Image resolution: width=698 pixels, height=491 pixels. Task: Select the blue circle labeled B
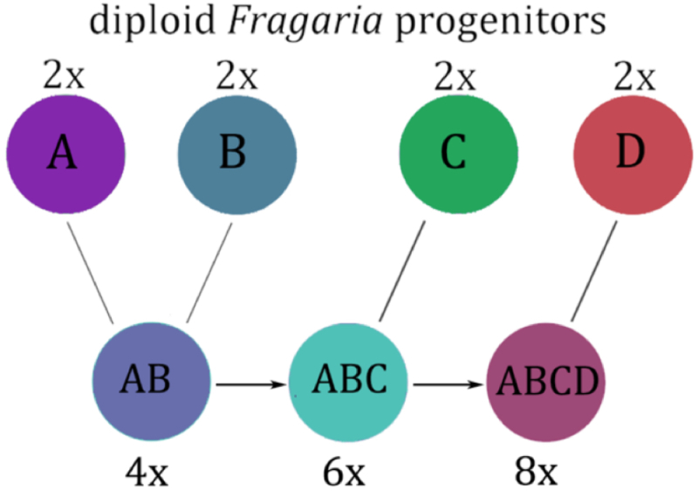coord(233,154)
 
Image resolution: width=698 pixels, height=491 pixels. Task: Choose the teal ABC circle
coord(347,382)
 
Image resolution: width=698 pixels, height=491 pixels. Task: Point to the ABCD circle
coord(546,382)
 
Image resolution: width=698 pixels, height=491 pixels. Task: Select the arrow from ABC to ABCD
coord(448,383)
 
